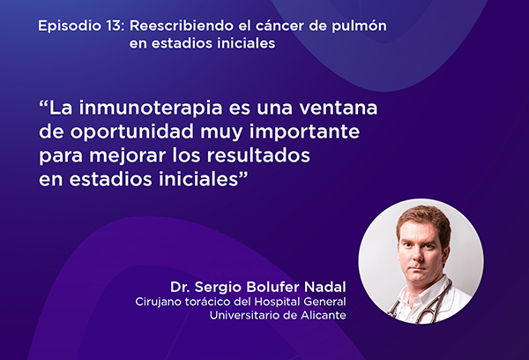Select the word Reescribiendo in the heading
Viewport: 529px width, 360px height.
tap(182, 26)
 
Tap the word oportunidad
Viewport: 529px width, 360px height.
tap(132, 131)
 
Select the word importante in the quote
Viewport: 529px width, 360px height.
tap(304, 131)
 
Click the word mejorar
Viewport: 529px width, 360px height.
tap(128, 155)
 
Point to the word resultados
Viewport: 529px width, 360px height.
tap(258, 155)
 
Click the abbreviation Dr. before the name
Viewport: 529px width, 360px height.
tap(180, 287)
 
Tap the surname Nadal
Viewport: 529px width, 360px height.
tap(324, 287)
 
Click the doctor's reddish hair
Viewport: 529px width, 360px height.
tap(424, 218)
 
